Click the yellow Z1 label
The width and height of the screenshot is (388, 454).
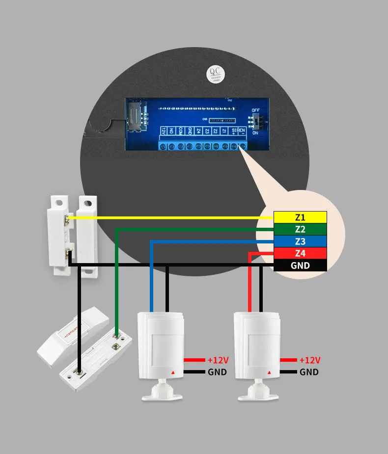[300, 217]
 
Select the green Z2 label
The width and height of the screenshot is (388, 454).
[300, 229]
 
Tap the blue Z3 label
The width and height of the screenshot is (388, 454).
[300, 241]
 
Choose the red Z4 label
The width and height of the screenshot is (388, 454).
[300, 253]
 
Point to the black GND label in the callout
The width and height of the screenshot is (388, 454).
[300, 266]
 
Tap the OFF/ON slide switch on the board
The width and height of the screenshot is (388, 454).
[256, 120]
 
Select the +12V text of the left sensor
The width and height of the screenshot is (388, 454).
[218, 360]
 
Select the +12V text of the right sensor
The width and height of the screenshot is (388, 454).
[309, 360]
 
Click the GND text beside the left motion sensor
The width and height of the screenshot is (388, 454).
[217, 372]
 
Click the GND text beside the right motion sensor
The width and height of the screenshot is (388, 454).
[309, 372]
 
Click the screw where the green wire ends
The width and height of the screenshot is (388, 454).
[116, 336]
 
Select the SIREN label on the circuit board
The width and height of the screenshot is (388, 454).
[240, 131]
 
